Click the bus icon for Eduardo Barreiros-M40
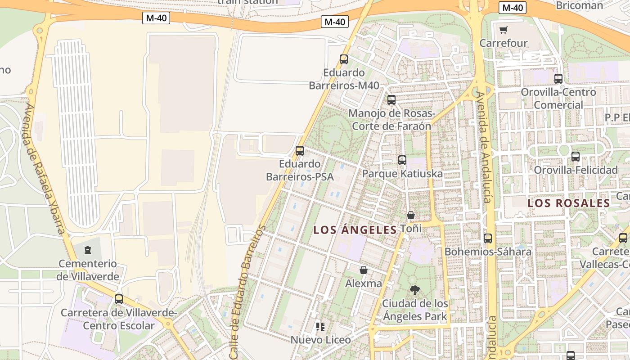click(x=344, y=59)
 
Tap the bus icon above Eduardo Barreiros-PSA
click(x=300, y=151)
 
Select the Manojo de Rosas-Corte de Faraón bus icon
click(x=391, y=100)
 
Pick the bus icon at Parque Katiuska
click(x=402, y=160)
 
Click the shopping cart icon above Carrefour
click(x=503, y=30)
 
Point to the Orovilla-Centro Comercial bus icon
click(x=558, y=78)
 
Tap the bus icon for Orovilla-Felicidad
click(x=576, y=157)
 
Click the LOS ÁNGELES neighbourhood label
click(x=355, y=230)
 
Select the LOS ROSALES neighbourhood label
click(x=569, y=203)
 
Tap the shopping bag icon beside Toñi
click(x=411, y=215)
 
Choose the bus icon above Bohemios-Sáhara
click(x=488, y=238)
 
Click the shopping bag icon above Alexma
click(x=364, y=270)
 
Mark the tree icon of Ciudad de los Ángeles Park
click(x=415, y=290)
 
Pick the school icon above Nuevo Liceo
click(x=320, y=326)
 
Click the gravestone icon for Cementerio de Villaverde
click(x=88, y=250)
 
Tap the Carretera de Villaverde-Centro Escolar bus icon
click(x=119, y=299)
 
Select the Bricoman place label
click(x=579, y=5)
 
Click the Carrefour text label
click(x=504, y=43)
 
